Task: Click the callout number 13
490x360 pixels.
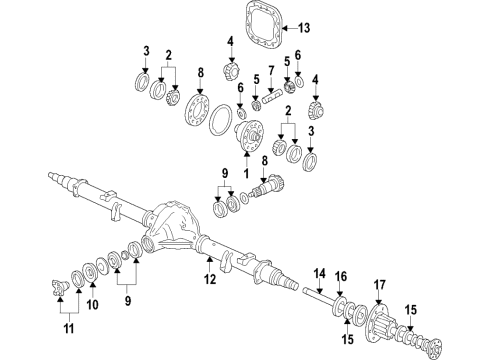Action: pos(304,28)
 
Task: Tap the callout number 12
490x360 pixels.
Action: pos(210,279)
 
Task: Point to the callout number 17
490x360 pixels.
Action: pos(379,285)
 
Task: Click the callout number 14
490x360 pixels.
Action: pos(319,274)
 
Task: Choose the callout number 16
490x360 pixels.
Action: pos(341,276)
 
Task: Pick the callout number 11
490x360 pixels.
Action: pos(69,329)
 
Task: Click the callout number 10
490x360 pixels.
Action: pos(92,304)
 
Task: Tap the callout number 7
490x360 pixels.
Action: pos(271,71)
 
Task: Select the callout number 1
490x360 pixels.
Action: pos(246,173)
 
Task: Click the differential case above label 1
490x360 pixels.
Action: pos(249,136)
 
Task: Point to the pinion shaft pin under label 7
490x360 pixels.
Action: pos(272,98)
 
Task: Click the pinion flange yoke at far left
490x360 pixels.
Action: pos(60,287)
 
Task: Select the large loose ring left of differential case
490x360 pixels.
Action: pos(220,120)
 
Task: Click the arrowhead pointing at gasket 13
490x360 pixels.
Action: pos(285,28)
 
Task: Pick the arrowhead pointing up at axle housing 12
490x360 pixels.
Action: pos(209,259)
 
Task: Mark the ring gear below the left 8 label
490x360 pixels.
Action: pos(196,110)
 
